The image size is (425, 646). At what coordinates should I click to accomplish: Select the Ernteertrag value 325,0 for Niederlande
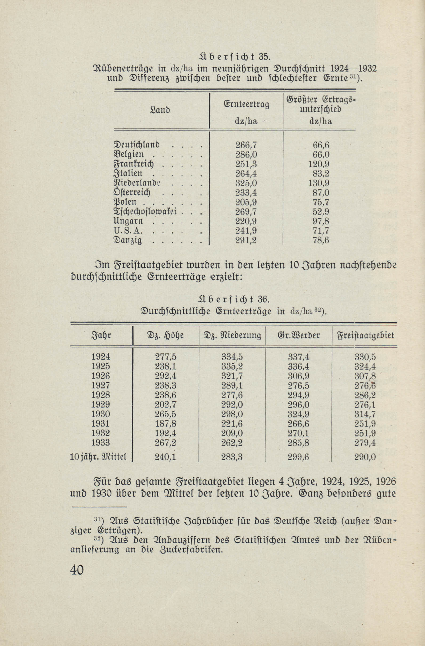pos(246,183)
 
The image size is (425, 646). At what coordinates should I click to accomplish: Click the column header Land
pos(160,111)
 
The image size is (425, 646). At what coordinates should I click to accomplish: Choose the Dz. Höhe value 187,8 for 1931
pos(166,424)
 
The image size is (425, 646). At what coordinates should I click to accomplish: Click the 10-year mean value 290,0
pos(365,457)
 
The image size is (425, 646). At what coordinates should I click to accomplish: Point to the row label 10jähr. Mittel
pos(98,457)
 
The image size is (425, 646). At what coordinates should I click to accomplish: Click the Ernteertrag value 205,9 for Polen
pos(246,203)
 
